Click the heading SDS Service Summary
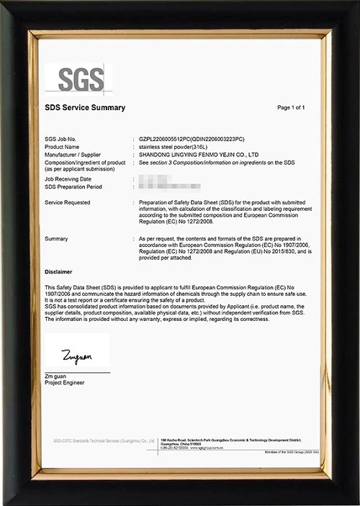pos(85,108)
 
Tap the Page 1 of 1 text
pos(291,108)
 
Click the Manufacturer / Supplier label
pos(71,155)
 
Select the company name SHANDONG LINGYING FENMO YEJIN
pos(198,155)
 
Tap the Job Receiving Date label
pos(68,179)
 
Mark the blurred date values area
pos(156,182)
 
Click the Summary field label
pos(56,238)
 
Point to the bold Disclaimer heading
pos(58,273)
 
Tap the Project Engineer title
pos(65,382)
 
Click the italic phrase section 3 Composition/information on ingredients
pos(216,163)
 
